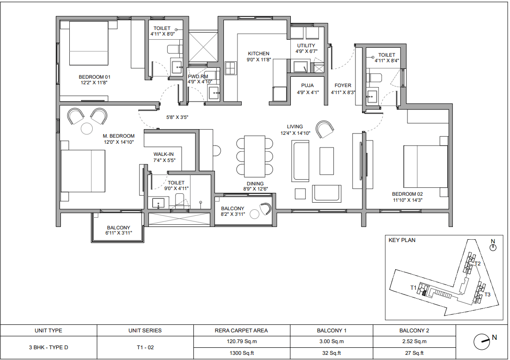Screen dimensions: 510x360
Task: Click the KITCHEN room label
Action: [x=259, y=54]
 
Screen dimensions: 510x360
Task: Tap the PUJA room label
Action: [x=307, y=86]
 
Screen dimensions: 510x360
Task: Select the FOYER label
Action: [x=343, y=86]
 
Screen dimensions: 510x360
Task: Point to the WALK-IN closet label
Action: [x=163, y=154]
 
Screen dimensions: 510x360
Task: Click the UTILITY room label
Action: [x=306, y=45]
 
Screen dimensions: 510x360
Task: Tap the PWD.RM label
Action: [x=198, y=77]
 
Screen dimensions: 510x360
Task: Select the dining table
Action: [x=255, y=156]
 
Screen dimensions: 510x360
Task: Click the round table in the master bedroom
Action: [x=87, y=128]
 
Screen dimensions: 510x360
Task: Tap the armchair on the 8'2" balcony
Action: [x=266, y=209]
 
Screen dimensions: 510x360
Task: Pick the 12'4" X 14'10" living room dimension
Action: [x=296, y=133]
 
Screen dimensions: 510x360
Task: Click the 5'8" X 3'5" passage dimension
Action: [x=177, y=118]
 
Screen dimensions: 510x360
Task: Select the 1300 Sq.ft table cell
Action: [x=242, y=353]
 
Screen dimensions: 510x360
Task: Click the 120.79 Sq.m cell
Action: [x=242, y=341]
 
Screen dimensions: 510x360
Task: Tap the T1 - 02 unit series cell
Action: [x=145, y=347]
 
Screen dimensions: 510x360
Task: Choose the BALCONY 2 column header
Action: [x=414, y=331]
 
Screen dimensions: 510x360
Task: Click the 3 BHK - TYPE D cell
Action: [x=48, y=347]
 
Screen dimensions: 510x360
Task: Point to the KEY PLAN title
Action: [x=402, y=240]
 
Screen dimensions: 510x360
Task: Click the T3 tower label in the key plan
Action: [x=487, y=294]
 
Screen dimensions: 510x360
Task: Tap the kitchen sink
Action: [x=230, y=68]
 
